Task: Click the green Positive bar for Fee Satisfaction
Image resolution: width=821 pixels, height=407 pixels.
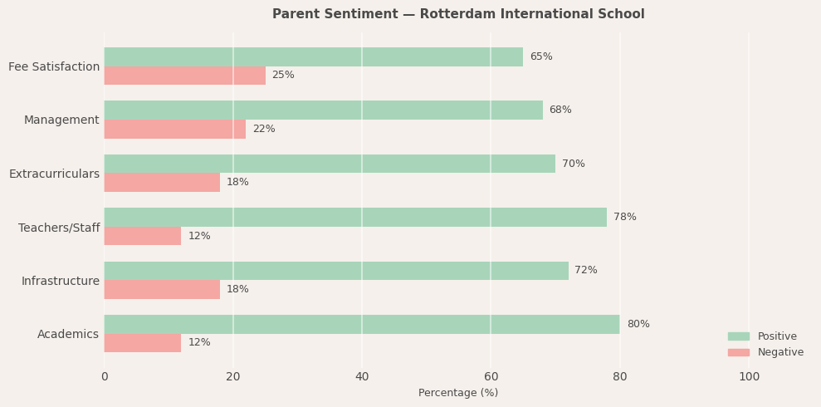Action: [x=313, y=56]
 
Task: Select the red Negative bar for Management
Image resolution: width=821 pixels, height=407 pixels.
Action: [x=174, y=129]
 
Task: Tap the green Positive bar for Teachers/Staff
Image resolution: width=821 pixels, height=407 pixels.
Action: [x=355, y=217]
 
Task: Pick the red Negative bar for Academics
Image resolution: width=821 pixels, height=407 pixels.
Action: [x=142, y=343]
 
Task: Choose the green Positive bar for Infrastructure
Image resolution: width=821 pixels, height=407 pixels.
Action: [x=336, y=271]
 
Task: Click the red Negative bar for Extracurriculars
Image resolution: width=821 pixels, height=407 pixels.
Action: [x=162, y=183]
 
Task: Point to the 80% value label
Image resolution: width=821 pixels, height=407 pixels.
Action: [x=638, y=324]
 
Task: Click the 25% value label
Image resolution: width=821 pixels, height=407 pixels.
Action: [x=283, y=76]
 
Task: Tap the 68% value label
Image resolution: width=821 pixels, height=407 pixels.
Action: [x=560, y=110]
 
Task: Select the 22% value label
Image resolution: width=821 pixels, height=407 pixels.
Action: [x=264, y=129]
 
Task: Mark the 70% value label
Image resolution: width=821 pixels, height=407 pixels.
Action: [x=573, y=164]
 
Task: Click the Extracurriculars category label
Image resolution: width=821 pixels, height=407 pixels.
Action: [x=54, y=174]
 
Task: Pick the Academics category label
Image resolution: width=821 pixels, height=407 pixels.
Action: [x=68, y=334]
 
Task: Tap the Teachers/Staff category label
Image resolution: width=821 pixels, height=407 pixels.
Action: [x=59, y=228]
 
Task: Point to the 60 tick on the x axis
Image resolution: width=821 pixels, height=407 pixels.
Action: [x=491, y=376]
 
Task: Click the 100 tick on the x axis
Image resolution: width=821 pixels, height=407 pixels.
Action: [x=749, y=376]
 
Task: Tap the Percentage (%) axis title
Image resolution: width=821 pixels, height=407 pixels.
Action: [x=458, y=393]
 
